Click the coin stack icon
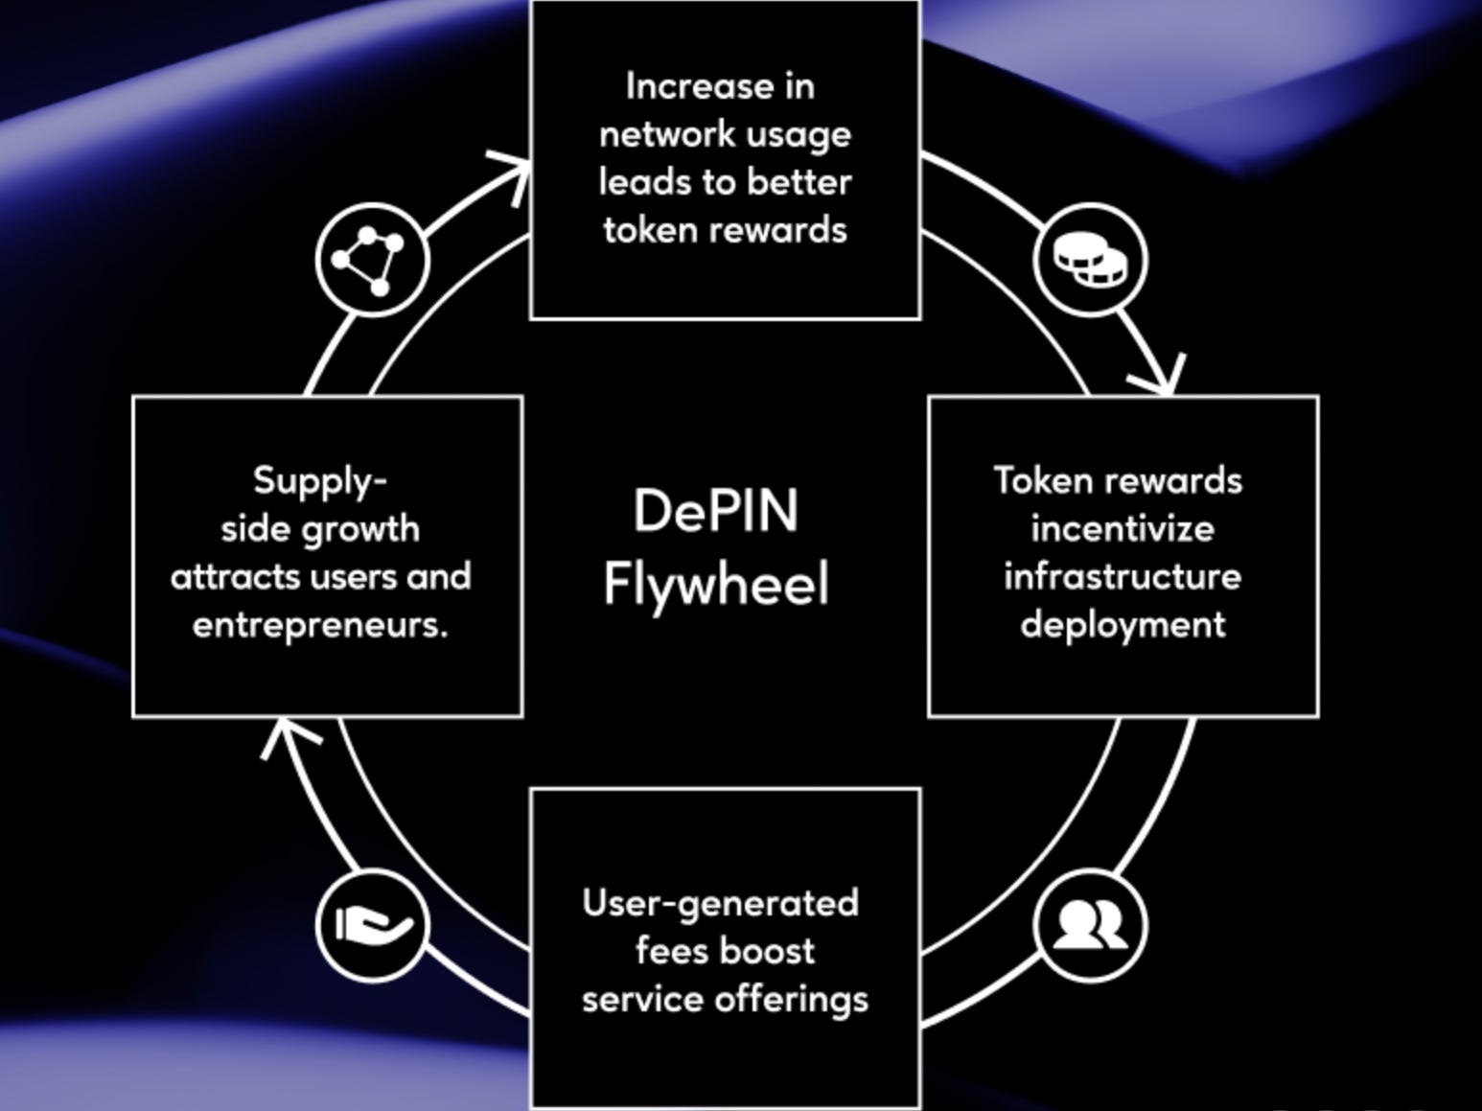click(1091, 260)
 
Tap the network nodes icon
click(371, 260)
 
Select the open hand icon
click(372, 925)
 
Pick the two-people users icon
click(1091, 925)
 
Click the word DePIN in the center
click(715, 510)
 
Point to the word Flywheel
click(715, 583)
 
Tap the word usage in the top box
click(801, 135)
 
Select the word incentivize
click(1123, 528)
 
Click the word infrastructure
click(1123, 576)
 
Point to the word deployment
click(1123, 625)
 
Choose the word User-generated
click(720, 903)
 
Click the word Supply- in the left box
click(319, 480)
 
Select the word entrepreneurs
click(320, 625)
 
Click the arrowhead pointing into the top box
click(513, 173)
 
